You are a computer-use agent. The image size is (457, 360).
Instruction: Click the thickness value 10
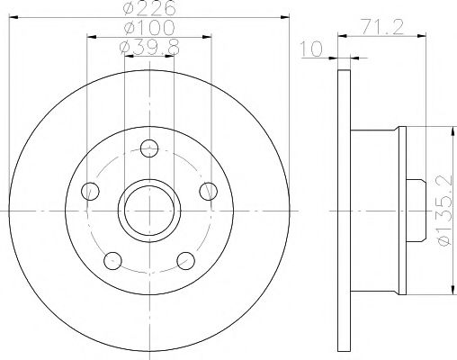point(313,50)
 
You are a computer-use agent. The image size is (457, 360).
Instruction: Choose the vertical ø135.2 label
point(441,209)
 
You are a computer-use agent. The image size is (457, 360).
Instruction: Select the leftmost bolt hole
point(88,190)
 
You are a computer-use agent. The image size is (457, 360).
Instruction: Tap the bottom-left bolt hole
point(112,261)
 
